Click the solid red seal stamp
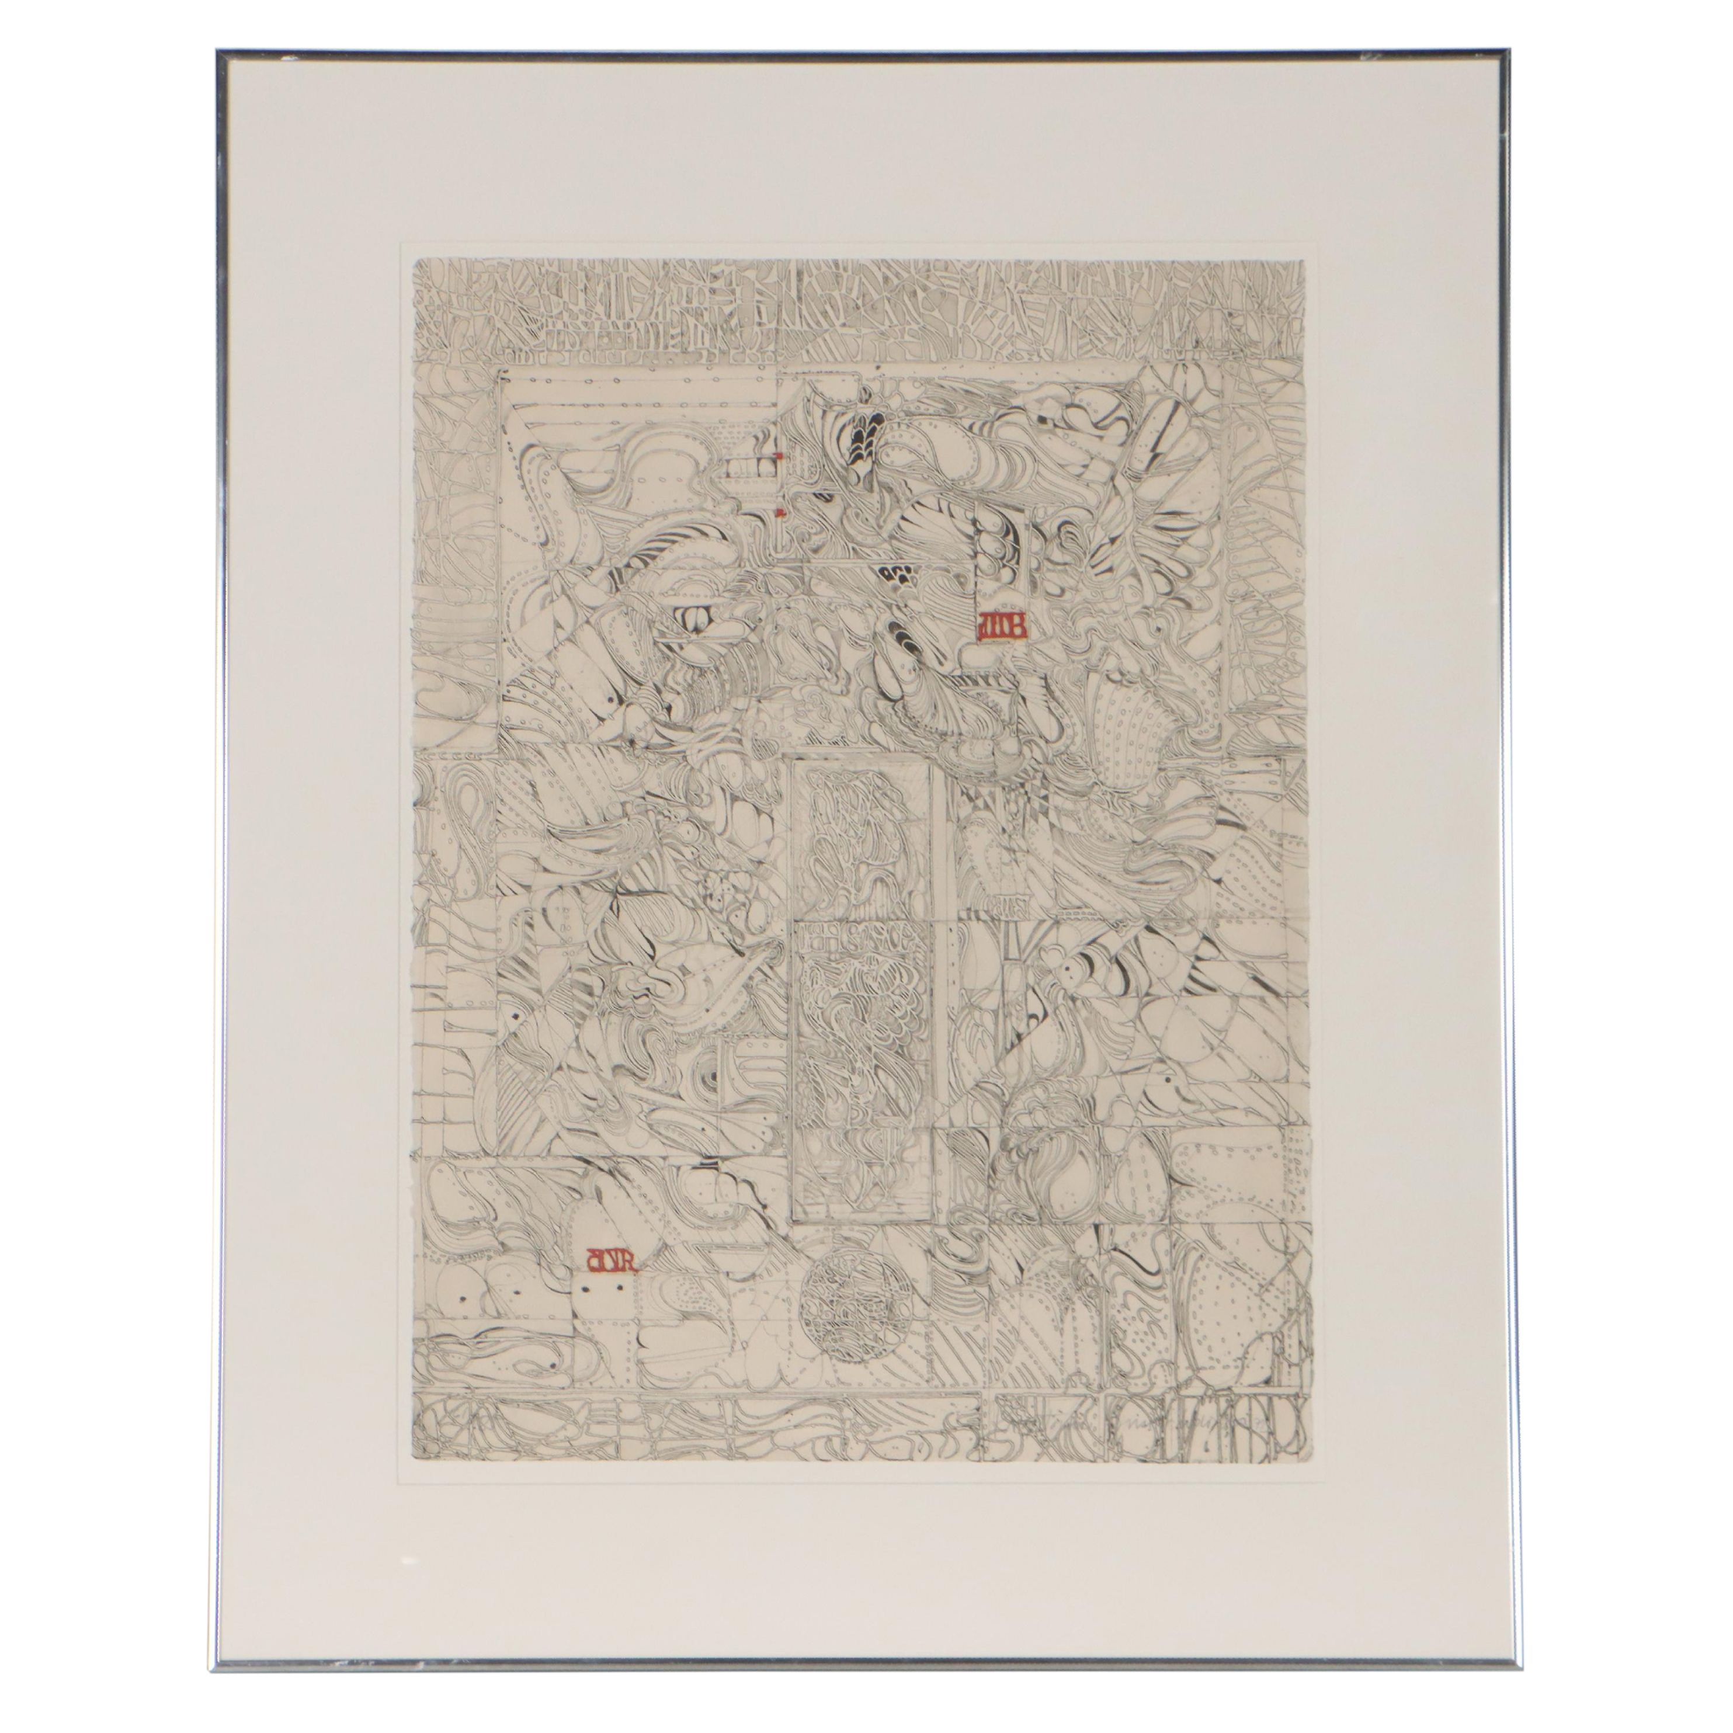point(998,626)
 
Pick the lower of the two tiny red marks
point(782,514)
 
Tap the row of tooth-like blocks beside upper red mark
point(750,465)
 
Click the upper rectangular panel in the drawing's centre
point(864,831)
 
